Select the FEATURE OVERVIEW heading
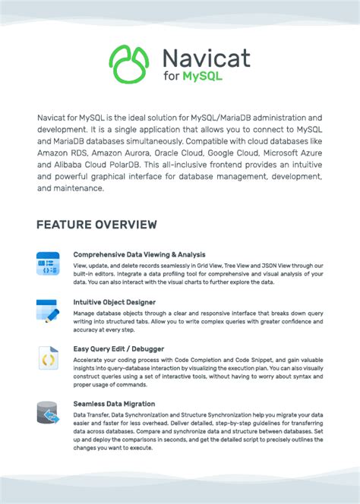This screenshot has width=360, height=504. tap(96, 225)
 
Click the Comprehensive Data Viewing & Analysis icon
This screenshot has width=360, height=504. tap(47, 263)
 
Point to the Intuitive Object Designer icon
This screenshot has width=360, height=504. tap(47, 310)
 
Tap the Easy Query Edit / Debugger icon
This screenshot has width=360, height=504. tap(47, 358)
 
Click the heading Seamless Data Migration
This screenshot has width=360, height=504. tap(114, 404)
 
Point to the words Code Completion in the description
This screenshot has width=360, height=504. tap(193, 360)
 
